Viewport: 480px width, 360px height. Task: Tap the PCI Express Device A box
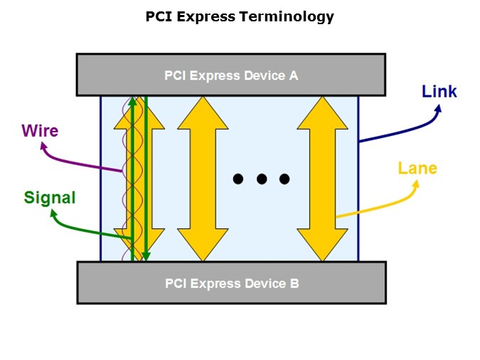point(231,74)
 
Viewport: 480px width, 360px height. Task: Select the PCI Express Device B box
point(231,282)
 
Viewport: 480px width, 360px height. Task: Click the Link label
point(439,91)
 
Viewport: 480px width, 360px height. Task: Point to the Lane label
point(417,169)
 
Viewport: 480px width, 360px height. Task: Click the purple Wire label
point(40,131)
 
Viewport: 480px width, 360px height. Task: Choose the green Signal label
point(50,197)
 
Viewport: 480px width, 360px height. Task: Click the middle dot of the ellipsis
point(262,179)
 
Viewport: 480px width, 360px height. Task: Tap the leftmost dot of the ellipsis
point(239,179)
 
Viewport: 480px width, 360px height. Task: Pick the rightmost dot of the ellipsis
point(284,179)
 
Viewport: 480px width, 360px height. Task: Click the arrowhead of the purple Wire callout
point(45,147)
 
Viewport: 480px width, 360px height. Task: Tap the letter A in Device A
point(294,74)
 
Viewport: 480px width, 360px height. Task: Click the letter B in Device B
point(294,283)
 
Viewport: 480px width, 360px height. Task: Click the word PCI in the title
point(159,16)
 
